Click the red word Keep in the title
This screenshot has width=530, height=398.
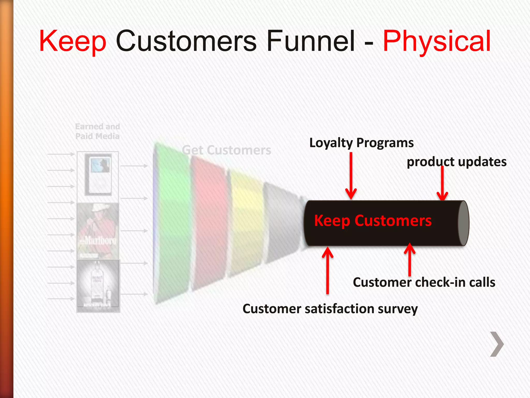click(x=73, y=41)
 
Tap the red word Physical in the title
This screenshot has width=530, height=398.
click(x=437, y=41)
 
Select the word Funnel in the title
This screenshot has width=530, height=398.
click(x=311, y=41)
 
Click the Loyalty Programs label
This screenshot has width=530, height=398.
click(x=361, y=143)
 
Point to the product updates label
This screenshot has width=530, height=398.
click(x=457, y=162)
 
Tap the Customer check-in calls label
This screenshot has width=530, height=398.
click(x=424, y=282)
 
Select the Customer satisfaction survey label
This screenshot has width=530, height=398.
click(x=330, y=309)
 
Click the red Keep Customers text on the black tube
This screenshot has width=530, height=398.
click(x=373, y=221)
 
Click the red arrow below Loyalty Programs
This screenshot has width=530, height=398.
click(x=351, y=176)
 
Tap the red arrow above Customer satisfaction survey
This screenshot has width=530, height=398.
click(x=328, y=271)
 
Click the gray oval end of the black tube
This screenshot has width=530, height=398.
click(x=463, y=223)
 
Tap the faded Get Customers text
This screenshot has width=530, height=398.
click(x=226, y=150)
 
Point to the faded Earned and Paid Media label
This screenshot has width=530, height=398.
click(x=98, y=131)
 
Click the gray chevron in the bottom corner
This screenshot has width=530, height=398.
click(x=497, y=344)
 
